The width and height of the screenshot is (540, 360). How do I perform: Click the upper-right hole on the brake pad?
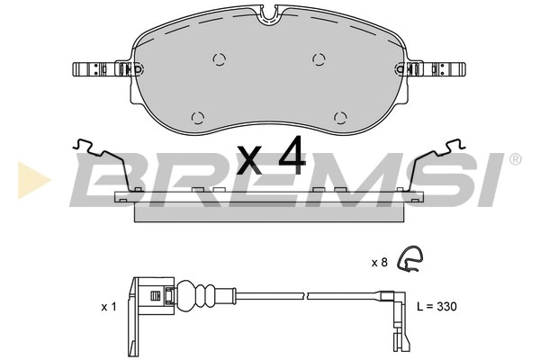pos(318,58)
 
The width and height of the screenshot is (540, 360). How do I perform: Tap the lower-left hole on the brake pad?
pos(199,117)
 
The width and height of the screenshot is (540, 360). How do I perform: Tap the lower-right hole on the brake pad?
pos(339,117)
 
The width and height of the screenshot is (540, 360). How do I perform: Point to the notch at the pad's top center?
pos(270,15)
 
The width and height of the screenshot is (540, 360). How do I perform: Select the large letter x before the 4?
pos(250,162)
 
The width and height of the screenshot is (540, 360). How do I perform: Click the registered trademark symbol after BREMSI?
pos(514,159)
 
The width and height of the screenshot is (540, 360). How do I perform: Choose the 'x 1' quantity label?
pos(109,307)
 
